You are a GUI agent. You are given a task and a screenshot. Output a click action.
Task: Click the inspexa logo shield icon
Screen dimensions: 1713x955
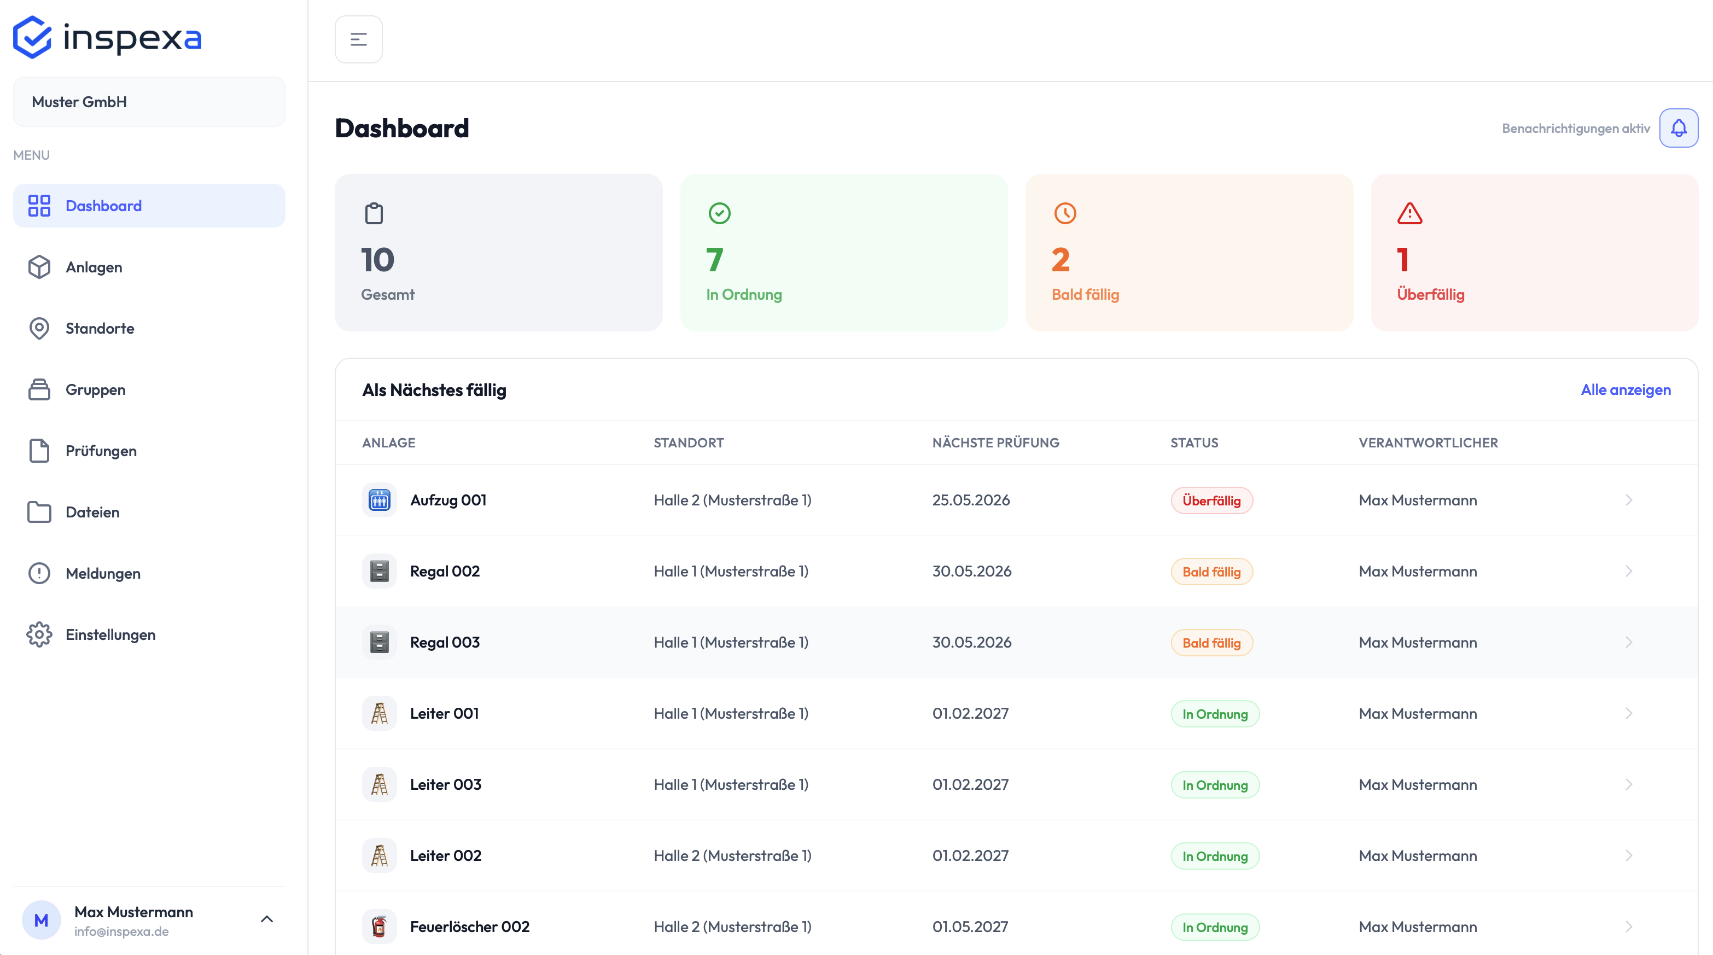(32, 37)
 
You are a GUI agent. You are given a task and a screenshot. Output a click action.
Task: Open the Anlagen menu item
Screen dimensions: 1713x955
(93, 267)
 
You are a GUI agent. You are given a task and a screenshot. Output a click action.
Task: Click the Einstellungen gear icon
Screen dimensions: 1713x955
(39, 634)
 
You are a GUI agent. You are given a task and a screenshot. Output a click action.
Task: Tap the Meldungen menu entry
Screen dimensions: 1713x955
(102, 573)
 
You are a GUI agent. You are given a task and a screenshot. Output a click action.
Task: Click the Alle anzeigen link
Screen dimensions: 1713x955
(1626, 390)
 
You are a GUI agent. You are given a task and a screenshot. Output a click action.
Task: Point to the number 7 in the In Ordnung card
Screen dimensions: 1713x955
(714, 259)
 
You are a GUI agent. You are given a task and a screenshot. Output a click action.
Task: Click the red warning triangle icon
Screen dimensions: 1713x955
(1410, 213)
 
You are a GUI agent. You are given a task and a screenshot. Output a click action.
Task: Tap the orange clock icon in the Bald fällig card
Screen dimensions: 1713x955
(1065, 213)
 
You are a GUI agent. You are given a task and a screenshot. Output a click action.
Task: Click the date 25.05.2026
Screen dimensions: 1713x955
(971, 500)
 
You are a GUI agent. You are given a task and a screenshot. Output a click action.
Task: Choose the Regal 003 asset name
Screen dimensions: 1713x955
(445, 643)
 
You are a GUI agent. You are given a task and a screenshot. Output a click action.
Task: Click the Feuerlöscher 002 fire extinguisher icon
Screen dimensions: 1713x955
(379, 927)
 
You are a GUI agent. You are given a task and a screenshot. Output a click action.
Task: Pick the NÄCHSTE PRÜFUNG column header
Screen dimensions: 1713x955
(995, 443)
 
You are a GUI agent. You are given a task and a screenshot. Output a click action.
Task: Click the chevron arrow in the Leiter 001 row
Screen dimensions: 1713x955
(1629, 714)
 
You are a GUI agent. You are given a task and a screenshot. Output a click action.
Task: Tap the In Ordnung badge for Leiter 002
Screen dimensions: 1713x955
(1215, 857)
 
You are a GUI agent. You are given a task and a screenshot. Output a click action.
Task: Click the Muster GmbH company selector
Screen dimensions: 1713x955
(149, 102)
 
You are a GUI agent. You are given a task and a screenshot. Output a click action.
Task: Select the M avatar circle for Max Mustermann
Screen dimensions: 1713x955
(41, 921)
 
